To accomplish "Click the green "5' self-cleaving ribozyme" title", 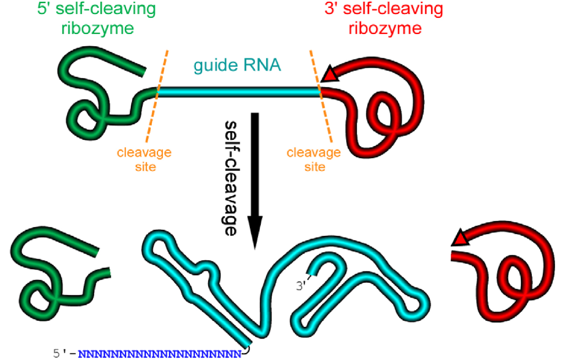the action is pos(97,18).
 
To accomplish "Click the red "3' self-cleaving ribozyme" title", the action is pos(384,18).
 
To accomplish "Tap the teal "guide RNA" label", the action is pos(237,65).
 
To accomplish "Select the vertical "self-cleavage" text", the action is pos(230,178).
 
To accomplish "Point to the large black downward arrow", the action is pos(255,181).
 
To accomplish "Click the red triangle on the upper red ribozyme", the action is pos(330,74).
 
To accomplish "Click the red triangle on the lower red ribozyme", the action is pos(460,238).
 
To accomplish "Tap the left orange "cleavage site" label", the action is pos(144,159).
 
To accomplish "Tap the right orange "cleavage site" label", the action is pos(314,159).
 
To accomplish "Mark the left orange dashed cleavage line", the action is pos(156,96).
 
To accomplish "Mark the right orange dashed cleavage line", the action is pos(321,96).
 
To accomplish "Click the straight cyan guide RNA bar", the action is pos(239,92).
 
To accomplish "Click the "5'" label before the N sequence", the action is pos(60,353).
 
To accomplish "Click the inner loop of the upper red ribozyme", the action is pos(384,111).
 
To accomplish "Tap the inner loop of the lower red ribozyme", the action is pos(514,275).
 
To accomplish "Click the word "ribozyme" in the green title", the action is pos(97,28).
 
